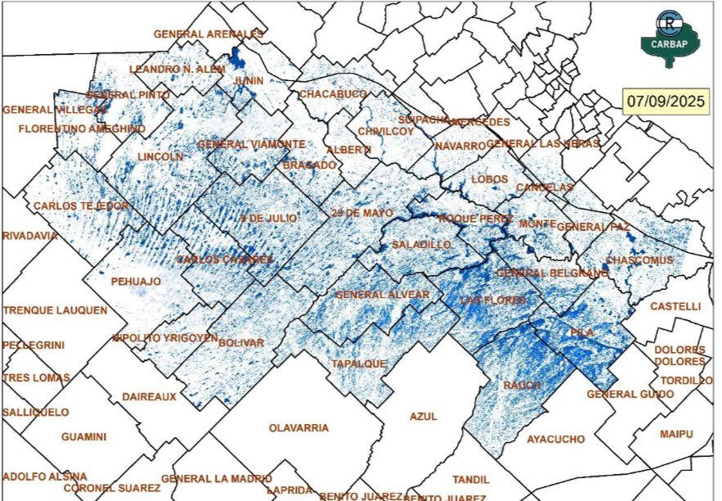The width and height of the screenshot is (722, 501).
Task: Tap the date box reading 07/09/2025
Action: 666,102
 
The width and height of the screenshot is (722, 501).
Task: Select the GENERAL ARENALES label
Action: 209,34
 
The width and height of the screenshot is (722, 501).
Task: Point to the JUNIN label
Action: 249,81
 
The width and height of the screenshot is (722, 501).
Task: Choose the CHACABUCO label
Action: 333,94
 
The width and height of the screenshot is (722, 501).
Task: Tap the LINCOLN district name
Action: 160,156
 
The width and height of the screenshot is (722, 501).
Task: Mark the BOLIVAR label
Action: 242,342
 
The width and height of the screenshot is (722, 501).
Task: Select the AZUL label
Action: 424,417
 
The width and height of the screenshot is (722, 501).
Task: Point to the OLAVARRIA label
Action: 299,428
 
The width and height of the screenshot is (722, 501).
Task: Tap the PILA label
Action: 582,333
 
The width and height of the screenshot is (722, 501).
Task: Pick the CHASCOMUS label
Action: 639,260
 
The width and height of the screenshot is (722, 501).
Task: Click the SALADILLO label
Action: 421,245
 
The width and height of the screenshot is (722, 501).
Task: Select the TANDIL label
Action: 471,480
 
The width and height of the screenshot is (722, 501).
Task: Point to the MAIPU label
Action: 676,433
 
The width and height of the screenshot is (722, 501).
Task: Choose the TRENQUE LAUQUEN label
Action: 55,311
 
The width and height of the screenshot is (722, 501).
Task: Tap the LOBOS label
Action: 490,179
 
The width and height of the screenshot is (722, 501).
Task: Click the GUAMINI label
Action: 83,437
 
